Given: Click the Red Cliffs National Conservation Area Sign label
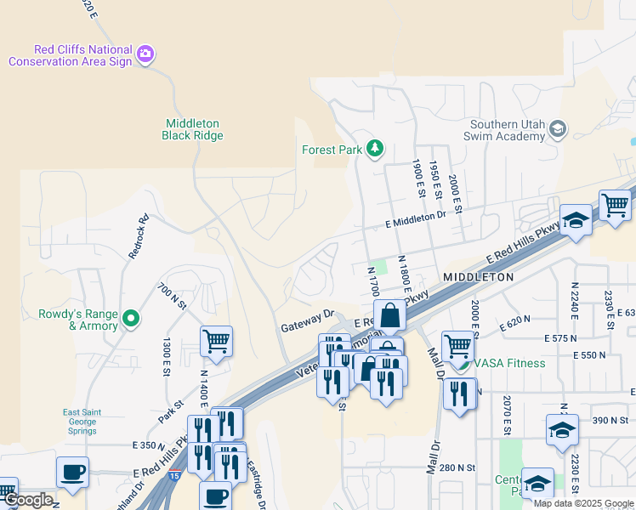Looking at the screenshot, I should (x=71, y=55).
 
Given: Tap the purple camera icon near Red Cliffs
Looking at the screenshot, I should (x=145, y=54).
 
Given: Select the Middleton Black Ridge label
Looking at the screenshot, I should (x=193, y=129).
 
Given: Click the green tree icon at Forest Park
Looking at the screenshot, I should (x=374, y=150).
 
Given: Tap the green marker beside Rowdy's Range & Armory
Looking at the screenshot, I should (x=130, y=319).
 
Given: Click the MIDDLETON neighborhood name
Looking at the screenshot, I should (x=478, y=278).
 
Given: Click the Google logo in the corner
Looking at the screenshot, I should (x=27, y=500).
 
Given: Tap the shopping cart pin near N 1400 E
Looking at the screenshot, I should (x=217, y=343).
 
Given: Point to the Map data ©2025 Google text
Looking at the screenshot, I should (x=583, y=503).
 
